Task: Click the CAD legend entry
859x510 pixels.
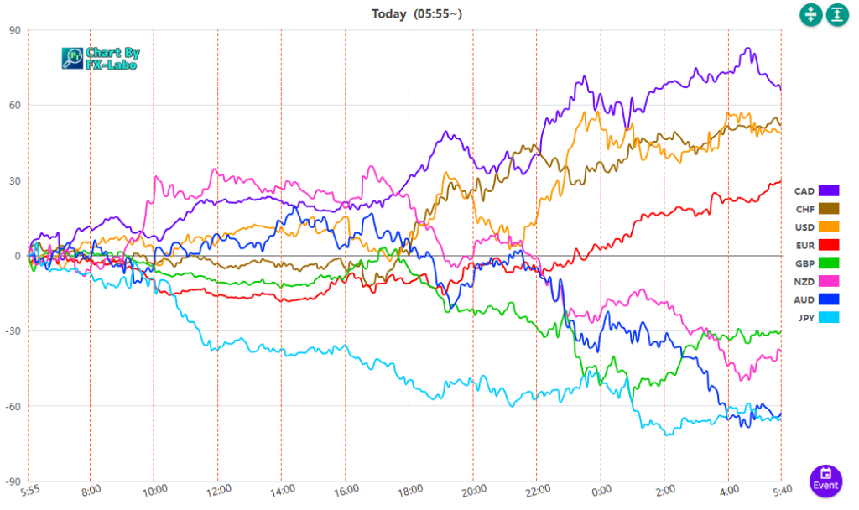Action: [x=816, y=191]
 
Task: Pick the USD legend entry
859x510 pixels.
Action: [x=816, y=226]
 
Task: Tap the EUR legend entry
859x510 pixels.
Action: [x=816, y=245]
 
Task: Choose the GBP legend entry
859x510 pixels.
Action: [x=816, y=263]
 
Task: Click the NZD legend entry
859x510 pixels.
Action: [x=816, y=281]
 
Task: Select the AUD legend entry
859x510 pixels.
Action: [x=816, y=299]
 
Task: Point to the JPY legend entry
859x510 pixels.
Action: [x=816, y=317]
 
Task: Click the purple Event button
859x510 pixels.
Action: [x=825, y=480]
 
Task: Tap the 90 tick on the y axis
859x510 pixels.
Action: [x=15, y=30]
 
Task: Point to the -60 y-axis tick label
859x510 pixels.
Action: [x=13, y=407]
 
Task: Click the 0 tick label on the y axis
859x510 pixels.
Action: [x=18, y=256]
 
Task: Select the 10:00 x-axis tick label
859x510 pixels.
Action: [x=153, y=491]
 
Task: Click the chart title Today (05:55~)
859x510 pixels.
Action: [x=417, y=13]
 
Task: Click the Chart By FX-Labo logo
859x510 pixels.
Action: [x=102, y=58]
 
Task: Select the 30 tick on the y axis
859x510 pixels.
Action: [x=15, y=181]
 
